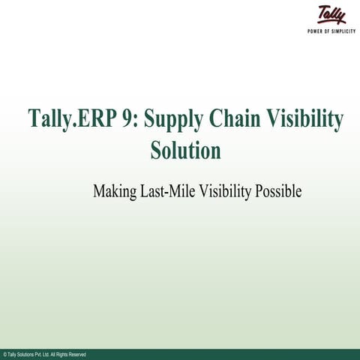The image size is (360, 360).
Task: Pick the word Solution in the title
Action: click(x=185, y=150)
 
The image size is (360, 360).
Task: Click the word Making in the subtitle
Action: click(x=115, y=192)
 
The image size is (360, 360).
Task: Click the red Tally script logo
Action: click(x=331, y=15)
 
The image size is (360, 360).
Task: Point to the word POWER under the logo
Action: click(x=316, y=31)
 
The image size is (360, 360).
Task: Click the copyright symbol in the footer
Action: click(x=4, y=354)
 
